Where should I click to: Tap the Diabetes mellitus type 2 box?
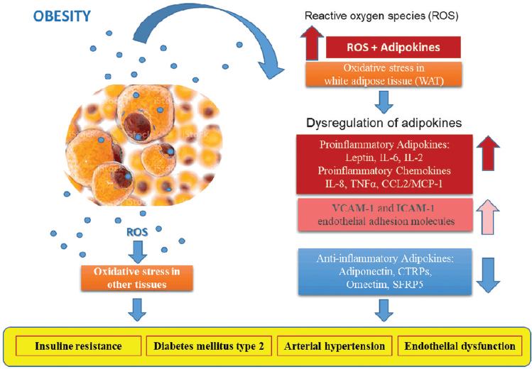(209, 346)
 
